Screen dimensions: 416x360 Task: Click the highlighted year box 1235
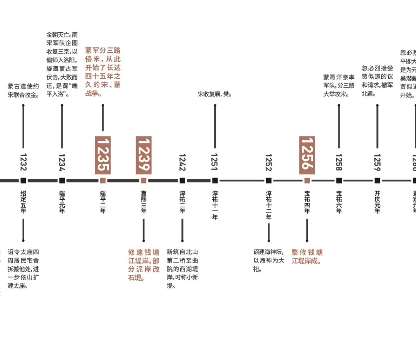[x=102, y=155]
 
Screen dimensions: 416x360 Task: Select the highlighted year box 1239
[x=143, y=155]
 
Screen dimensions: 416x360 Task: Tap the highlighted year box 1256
[x=307, y=155]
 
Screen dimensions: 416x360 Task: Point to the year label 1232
[x=23, y=162]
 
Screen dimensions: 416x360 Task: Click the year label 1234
[x=62, y=162]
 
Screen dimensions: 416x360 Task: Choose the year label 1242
[x=182, y=162]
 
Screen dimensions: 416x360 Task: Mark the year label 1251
[x=215, y=162]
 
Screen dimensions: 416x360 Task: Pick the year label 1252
[x=268, y=162]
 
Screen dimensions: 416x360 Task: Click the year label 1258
[x=339, y=162]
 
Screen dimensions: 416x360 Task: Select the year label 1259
[x=377, y=162]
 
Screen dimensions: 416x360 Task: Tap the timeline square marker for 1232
[x=23, y=180]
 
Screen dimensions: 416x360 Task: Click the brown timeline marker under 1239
[x=143, y=180]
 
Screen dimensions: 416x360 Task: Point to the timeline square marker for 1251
[x=215, y=180]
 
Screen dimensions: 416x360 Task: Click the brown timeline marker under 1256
[x=307, y=180]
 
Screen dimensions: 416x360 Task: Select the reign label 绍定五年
[x=23, y=201]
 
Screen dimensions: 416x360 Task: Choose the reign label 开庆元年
[x=377, y=201]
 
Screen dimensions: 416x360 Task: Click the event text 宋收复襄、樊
[x=215, y=94]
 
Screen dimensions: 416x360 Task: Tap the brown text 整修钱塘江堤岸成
[x=307, y=256]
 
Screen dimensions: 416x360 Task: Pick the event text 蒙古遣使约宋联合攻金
[x=23, y=90]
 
